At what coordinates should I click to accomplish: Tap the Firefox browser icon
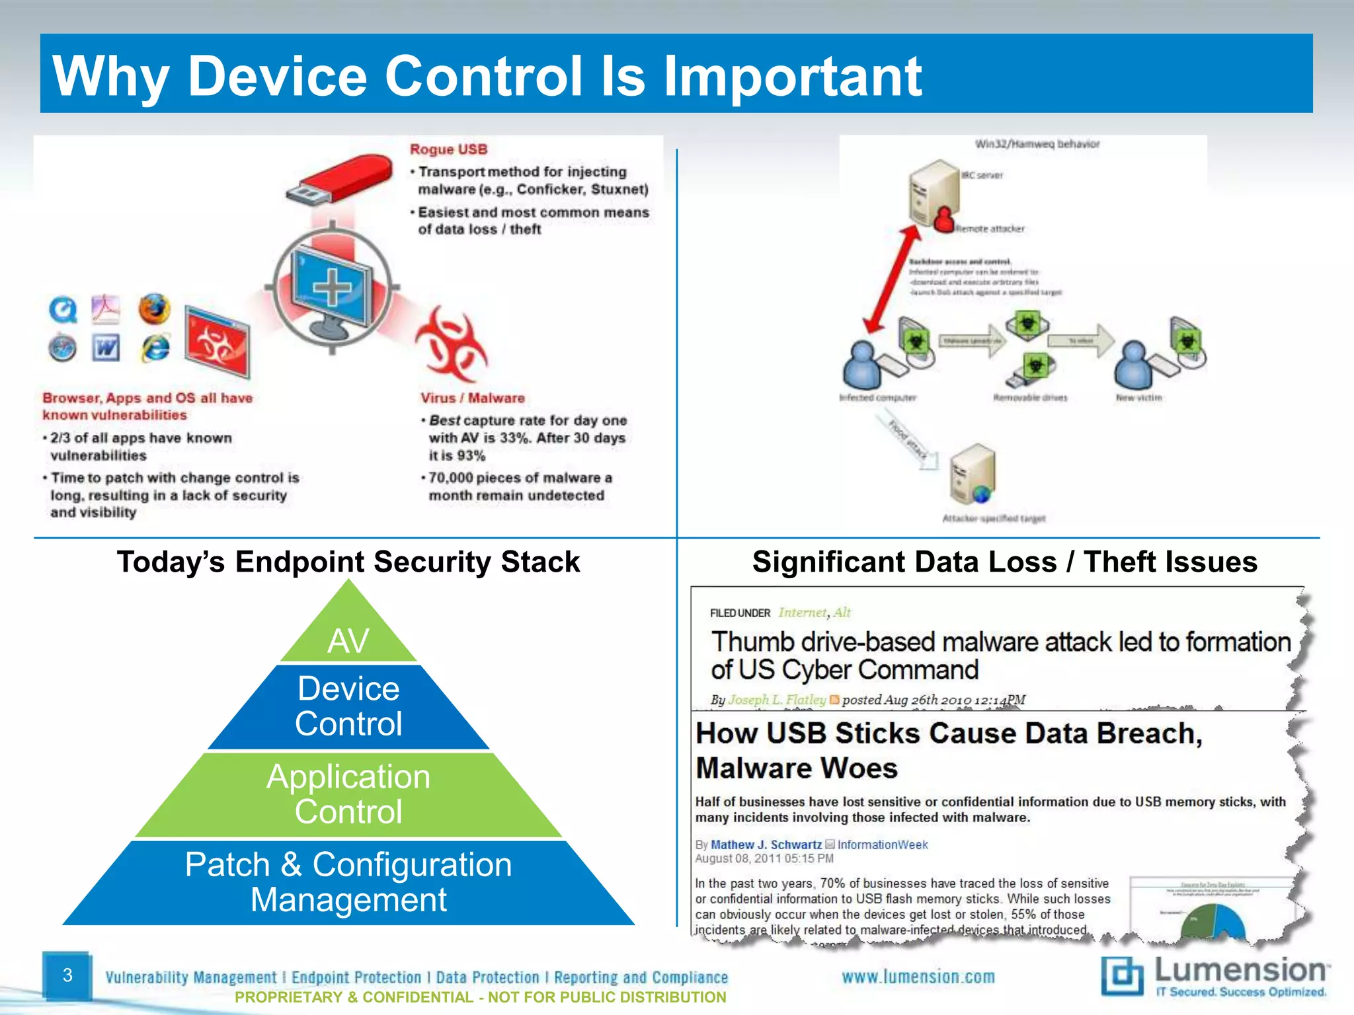click(154, 309)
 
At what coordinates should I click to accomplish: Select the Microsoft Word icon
click(106, 348)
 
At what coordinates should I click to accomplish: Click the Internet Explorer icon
click(156, 348)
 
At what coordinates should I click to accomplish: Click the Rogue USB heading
click(448, 149)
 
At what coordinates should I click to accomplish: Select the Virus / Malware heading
click(472, 398)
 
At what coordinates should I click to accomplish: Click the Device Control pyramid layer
click(348, 706)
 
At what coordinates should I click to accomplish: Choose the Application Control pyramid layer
click(348, 794)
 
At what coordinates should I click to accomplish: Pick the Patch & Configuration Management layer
click(348, 882)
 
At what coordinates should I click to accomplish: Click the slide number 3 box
click(67, 975)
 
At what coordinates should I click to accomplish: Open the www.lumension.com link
click(918, 977)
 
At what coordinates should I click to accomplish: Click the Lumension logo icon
click(1121, 975)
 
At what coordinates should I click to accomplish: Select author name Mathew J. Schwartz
click(766, 845)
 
